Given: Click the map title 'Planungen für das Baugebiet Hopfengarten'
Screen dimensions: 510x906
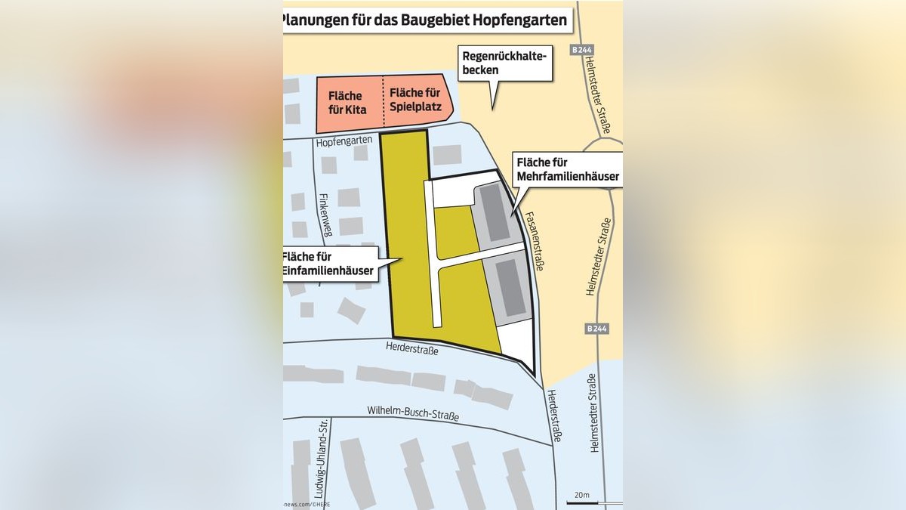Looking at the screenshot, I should [x=426, y=20].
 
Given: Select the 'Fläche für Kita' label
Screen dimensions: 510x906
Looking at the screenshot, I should [x=347, y=103].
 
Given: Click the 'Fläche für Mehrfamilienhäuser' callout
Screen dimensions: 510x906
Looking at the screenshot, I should [x=567, y=170].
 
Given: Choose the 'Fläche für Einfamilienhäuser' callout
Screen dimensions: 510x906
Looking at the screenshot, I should [x=330, y=264].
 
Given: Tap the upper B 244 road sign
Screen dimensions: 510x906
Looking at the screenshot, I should [x=582, y=50].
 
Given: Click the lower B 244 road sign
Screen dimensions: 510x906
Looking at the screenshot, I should [x=596, y=329].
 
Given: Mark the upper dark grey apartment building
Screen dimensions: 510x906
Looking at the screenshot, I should [x=495, y=212].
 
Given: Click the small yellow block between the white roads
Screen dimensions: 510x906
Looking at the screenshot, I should [x=455, y=230].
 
